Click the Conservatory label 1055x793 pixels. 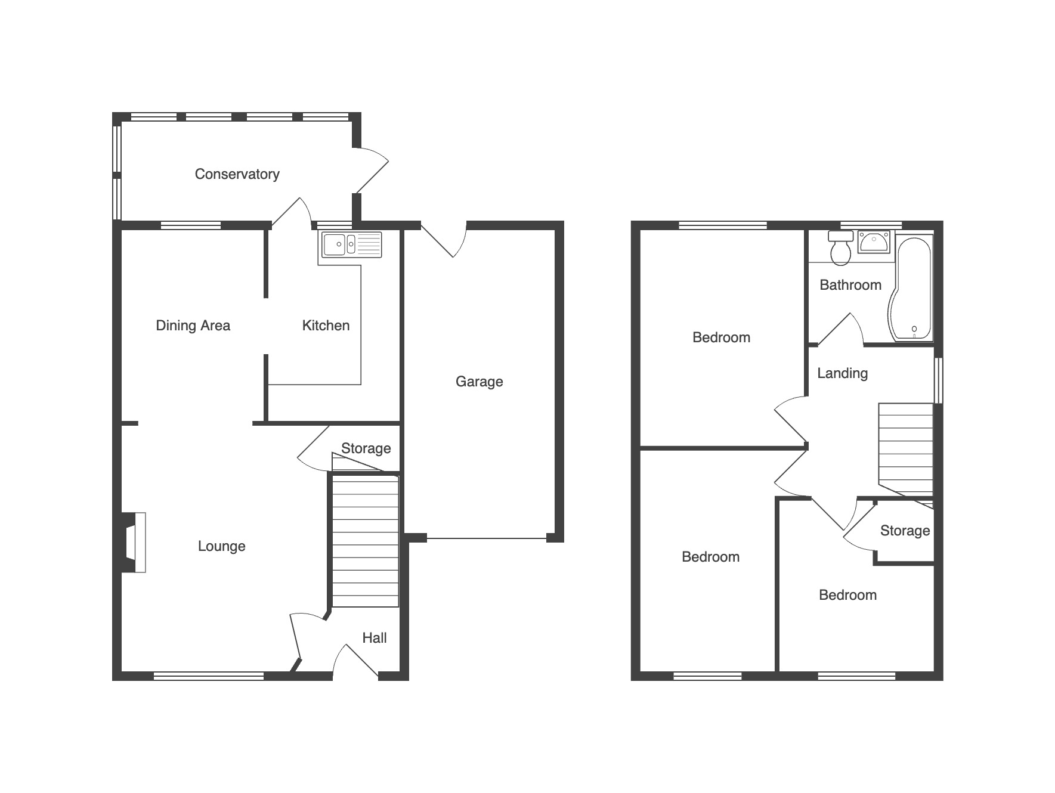pos(237,174)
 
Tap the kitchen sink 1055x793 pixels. pos(352,244)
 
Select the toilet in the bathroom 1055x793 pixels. pos(841,248)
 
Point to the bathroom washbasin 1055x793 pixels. pos(875,243)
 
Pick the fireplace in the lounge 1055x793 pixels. pos(134,543)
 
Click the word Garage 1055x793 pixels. pos(479,382)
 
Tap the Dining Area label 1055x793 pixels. pos(193,326)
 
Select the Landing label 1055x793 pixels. pos(842,374)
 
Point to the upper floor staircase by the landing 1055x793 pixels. pos(905,450)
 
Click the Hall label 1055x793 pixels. pos(375,638)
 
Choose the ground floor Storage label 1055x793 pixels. pos(366,448)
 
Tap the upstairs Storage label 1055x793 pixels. pos(905,531)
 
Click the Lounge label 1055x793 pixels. pos(221,547)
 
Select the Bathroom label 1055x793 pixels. pos(850,285)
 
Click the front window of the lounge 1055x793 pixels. pos(209,676)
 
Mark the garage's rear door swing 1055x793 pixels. pos(444,240)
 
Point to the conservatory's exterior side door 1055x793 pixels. pos(372,171)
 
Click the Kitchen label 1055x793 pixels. pos(326,326)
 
